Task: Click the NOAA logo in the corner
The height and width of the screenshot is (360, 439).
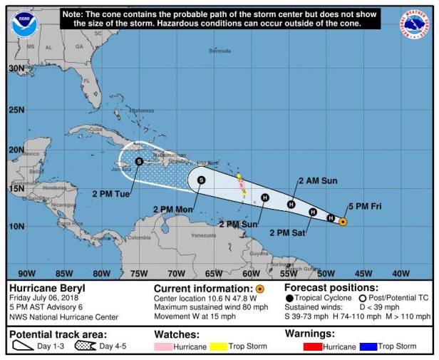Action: [24, 24]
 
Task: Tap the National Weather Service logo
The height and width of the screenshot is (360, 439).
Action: [415, 24]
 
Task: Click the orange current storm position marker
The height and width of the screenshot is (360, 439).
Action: [343, 222]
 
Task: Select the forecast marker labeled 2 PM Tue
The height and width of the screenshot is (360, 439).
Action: [139, 162]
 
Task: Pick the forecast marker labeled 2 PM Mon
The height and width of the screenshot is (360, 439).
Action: [201, 180]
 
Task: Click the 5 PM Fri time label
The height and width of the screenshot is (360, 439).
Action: [364, 207]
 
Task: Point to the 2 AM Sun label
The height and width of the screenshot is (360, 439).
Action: [318, 181]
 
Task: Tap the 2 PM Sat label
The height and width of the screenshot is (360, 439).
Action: [287, 232]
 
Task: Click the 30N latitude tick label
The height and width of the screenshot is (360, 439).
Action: [16, 68]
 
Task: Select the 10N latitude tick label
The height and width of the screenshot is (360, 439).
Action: [16, 227]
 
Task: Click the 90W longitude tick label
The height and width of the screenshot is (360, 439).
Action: [26, 273]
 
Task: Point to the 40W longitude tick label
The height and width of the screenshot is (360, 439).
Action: [401, 273]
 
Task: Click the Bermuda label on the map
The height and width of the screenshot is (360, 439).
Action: [220, 51]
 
